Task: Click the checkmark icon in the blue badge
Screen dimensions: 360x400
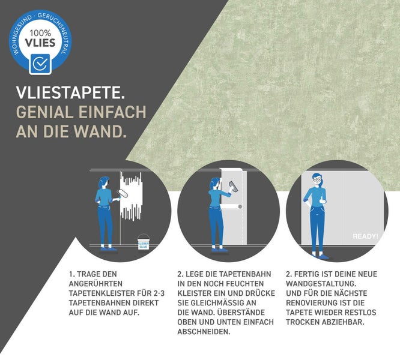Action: (x=40, y=62)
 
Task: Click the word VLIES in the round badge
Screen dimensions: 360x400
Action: (x=40, y=43)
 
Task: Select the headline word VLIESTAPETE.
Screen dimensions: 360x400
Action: (x=71, y=93)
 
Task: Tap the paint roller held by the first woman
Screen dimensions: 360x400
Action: (x=124, y=193)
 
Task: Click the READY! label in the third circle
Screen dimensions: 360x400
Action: (x=365, y=236)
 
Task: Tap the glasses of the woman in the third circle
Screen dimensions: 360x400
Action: (x=317, y=179)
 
